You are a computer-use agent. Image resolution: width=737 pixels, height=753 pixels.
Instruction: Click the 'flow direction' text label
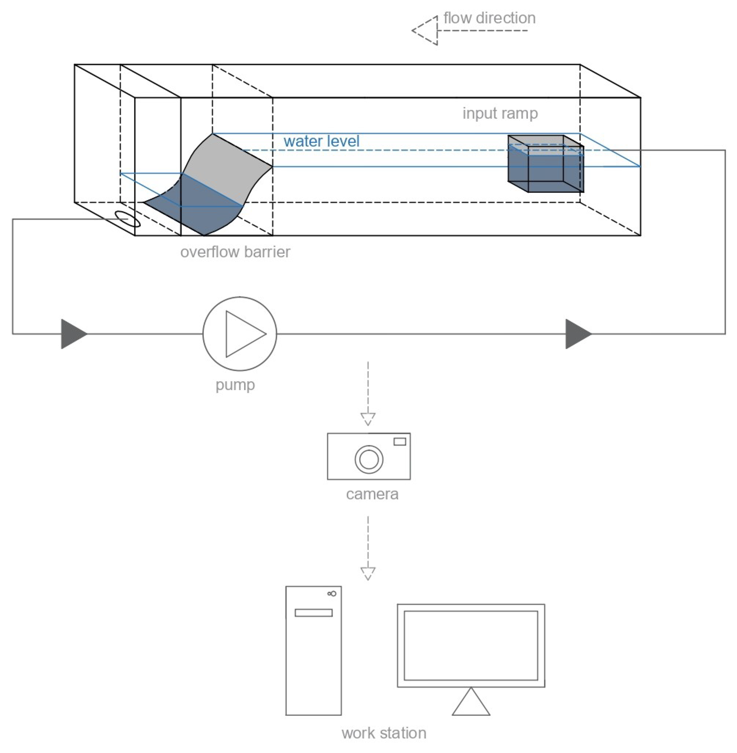tap(489, 18)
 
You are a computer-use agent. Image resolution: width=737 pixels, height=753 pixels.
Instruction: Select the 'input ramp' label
tap(500, 113)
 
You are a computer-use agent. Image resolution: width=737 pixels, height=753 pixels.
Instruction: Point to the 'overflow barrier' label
tap(235, 252)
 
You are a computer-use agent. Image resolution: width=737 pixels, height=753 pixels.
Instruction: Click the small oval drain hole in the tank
tap(128, 219)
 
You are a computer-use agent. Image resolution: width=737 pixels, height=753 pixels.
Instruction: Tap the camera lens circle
tap(369, 459)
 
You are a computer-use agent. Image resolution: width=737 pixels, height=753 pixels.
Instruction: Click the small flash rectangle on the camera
tap(400, 441)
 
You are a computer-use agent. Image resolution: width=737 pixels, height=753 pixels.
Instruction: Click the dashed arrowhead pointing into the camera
tap(368, 419)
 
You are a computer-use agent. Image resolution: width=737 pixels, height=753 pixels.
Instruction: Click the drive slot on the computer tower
tap(313, 613)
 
